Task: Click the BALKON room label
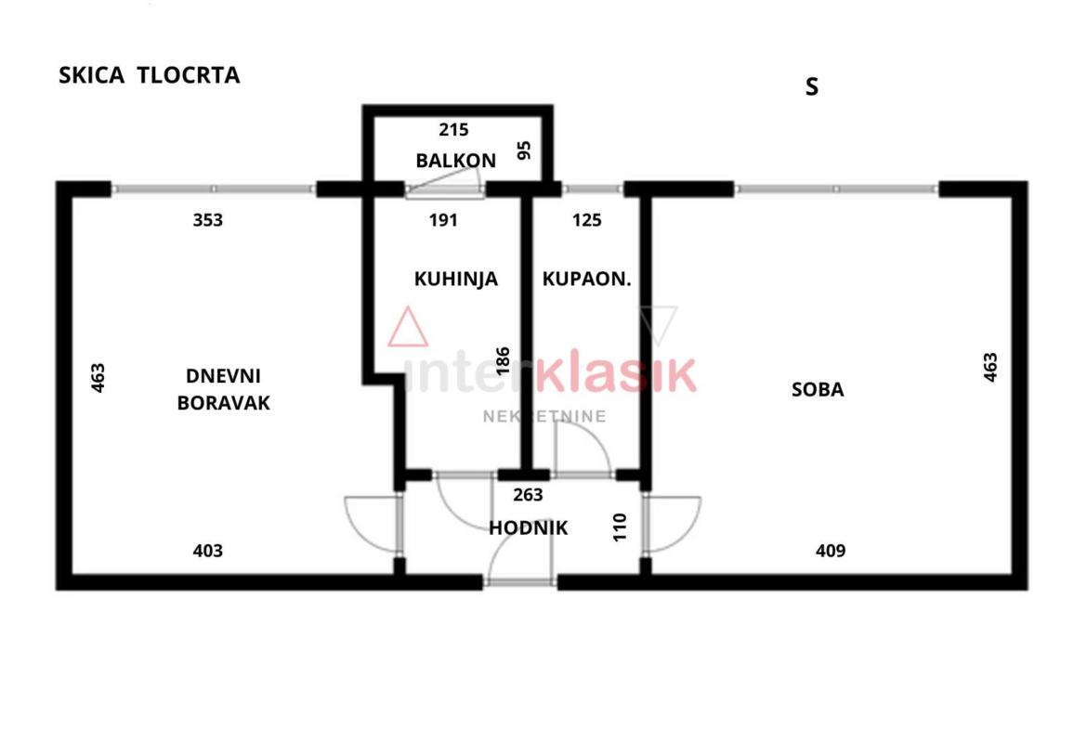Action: [x=455, y=161]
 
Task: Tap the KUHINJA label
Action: [x=455, y=279]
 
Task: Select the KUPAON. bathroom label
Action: [x=586, y=279]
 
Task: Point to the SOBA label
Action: [x=818, y=389]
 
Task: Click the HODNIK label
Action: [x=529, y=528]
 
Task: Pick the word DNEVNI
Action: [x=223, y=375]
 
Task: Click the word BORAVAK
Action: [x=223, y=403]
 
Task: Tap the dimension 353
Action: [x=208, y=220]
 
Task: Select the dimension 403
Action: [x=208, y=551]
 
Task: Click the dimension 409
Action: [x=831, y=551]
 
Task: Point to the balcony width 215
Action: [x=454, y=130]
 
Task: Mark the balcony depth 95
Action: [x=525, y=150]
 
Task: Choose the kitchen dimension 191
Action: [x=443, y=220]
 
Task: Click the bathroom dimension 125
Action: [x=586, y=220]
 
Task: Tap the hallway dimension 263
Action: [x=528, y=495]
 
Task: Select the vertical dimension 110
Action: [x=621, y=527]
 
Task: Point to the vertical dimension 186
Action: [x=504, y=360]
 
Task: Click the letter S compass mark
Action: [x=812, y=87]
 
